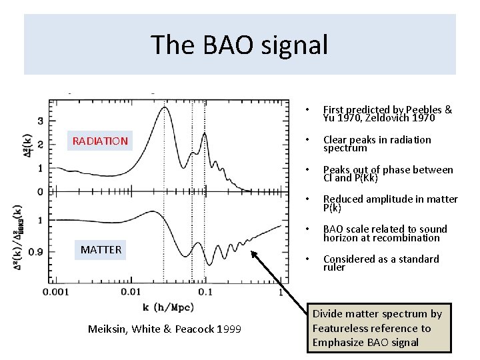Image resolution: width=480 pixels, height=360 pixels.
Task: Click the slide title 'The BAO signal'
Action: click(239, 45)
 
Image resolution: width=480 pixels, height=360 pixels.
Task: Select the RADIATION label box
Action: click(100, 141)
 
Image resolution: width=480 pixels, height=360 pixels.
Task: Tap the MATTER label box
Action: click(101, 250)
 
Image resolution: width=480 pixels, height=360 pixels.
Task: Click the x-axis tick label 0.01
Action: click(132, 292)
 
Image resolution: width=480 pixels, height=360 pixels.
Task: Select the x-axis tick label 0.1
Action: click(205, 292)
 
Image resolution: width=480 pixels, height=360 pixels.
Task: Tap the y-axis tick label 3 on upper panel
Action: click(41, 121)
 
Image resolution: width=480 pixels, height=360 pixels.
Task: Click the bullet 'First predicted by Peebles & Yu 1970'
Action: click(387, 114)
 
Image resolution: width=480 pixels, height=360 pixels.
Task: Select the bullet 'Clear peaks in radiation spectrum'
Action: click(377, 144)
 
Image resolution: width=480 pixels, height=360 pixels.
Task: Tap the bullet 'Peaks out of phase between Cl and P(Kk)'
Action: click(387, 174)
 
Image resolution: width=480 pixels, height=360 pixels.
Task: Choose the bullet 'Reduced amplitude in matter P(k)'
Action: click(390, 203)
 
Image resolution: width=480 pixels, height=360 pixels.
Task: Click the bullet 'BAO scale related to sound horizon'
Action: click(385, 233)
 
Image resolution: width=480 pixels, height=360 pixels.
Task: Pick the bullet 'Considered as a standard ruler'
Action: click(381, 263)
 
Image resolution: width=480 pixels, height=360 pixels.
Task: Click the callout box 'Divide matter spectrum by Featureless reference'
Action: click(377, 328)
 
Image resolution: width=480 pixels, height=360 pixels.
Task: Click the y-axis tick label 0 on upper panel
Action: click(41, 192)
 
